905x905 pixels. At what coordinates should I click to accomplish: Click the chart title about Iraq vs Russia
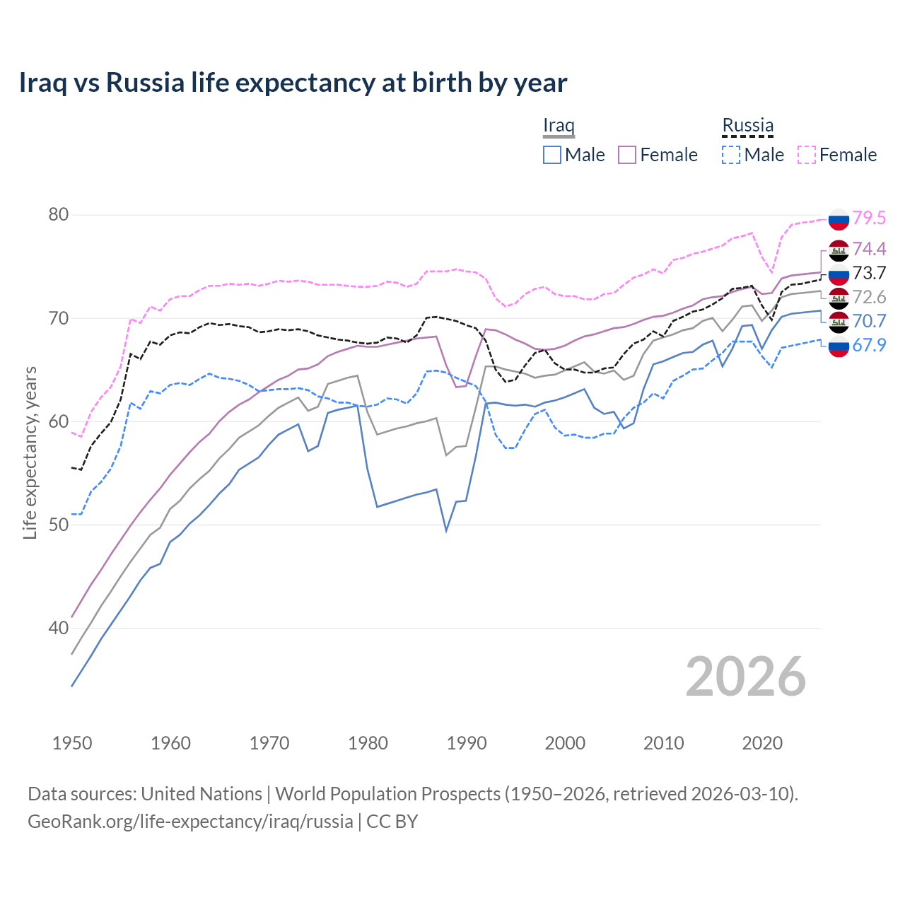click(293, 83)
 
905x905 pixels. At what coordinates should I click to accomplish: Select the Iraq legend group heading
click(558, 126)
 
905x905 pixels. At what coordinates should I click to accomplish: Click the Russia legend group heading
click(747, 126)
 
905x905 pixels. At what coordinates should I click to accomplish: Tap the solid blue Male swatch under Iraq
click(552, 155)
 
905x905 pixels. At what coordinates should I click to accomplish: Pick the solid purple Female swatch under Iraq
click(627, 155)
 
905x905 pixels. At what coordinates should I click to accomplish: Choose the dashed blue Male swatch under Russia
click(731, 155)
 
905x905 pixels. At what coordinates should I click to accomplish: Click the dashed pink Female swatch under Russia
click(807, 155)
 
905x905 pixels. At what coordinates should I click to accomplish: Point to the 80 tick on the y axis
click(58, 215)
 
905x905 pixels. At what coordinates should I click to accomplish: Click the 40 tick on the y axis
click(58, 628)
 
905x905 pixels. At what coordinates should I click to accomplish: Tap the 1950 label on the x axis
click(72, 743)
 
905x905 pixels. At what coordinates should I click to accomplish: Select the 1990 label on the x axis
click(467, 743)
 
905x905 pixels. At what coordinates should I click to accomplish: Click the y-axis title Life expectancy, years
click(30, 452)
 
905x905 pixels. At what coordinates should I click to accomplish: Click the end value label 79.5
click(869, 218)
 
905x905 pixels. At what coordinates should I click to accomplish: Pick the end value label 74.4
click(869, 249)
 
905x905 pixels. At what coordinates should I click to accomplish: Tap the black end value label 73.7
click(869, 273)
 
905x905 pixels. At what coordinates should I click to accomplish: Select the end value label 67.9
click(869, 345)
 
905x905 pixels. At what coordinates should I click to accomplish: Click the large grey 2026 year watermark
click(745, 677)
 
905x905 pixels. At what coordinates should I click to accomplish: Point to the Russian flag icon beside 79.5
click(839, 219)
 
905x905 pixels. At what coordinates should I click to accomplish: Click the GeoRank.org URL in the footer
click(190, 822)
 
